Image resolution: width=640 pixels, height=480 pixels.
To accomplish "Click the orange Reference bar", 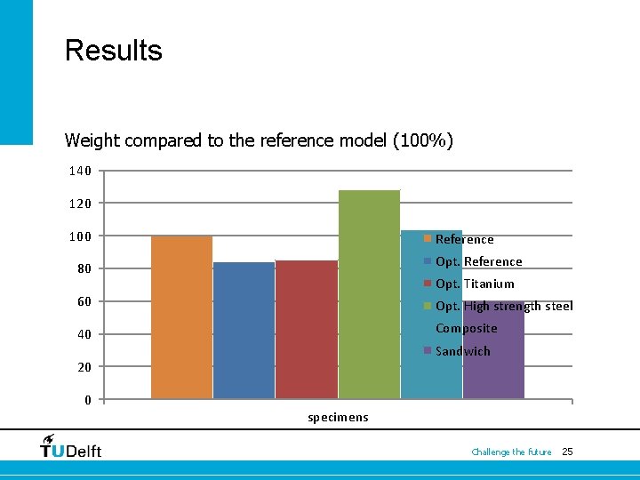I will [x=181, y=316].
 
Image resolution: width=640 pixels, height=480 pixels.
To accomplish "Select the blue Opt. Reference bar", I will [x=244, y=330].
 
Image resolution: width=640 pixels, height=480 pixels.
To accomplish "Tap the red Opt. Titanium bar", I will [x=306, y=329].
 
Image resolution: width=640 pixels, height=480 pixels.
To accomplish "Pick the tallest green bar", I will [x=369, y=293].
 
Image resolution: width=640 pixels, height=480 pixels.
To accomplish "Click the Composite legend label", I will [x=466, y=328].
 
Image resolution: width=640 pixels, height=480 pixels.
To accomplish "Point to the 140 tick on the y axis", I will [x=80, y=171].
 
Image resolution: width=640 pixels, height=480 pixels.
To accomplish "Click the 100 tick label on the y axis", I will [x=80, y=236].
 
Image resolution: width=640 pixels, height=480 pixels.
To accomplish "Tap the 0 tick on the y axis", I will [x=88, y=399].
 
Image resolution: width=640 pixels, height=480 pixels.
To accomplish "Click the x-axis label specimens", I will [x=338, y=417].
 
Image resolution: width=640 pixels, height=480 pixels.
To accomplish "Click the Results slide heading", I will [x=114, y=50].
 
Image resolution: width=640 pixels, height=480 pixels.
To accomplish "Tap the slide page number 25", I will [x=567, y=452].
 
